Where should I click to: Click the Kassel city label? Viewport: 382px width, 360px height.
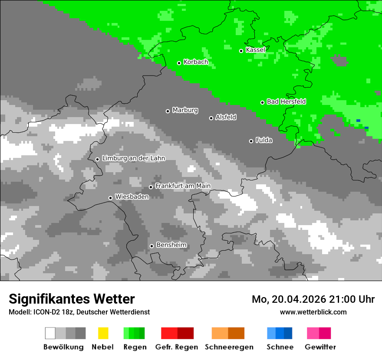[255, 50]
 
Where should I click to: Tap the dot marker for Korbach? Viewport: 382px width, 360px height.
[179, 63]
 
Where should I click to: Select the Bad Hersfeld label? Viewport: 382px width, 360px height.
[286, 101]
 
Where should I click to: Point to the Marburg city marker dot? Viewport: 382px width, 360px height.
[168, 111]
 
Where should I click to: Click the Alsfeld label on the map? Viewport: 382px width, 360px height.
[226, 117]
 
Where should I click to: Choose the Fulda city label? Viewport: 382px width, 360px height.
[264, 140]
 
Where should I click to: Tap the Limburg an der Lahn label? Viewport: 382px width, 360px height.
[133, 158]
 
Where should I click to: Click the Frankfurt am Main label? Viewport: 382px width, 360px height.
[183, 186]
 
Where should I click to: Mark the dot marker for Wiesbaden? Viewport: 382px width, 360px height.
[110, 198]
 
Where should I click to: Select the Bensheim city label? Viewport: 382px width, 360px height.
[171, 245]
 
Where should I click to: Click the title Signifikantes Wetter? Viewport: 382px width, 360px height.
[72, 299]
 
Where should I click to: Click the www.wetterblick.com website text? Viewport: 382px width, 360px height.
[313, 312]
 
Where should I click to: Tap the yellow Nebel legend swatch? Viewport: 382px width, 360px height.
[103, 333]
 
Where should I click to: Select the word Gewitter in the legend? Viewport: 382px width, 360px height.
[320, 347]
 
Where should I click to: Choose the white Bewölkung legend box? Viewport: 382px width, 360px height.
[50, 333]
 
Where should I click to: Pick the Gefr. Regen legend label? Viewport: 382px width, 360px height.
[177, 347]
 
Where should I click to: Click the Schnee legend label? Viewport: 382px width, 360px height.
[280, 347]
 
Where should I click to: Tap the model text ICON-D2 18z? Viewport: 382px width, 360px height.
[52, 312]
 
